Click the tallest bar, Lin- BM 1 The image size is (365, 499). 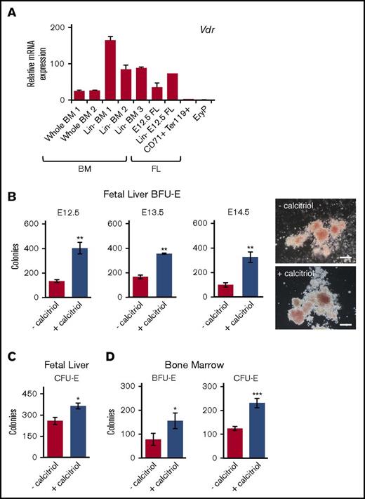(109, 71)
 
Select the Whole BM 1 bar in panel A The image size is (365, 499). (79, 95)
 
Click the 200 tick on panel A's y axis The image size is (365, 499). (61, 27)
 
